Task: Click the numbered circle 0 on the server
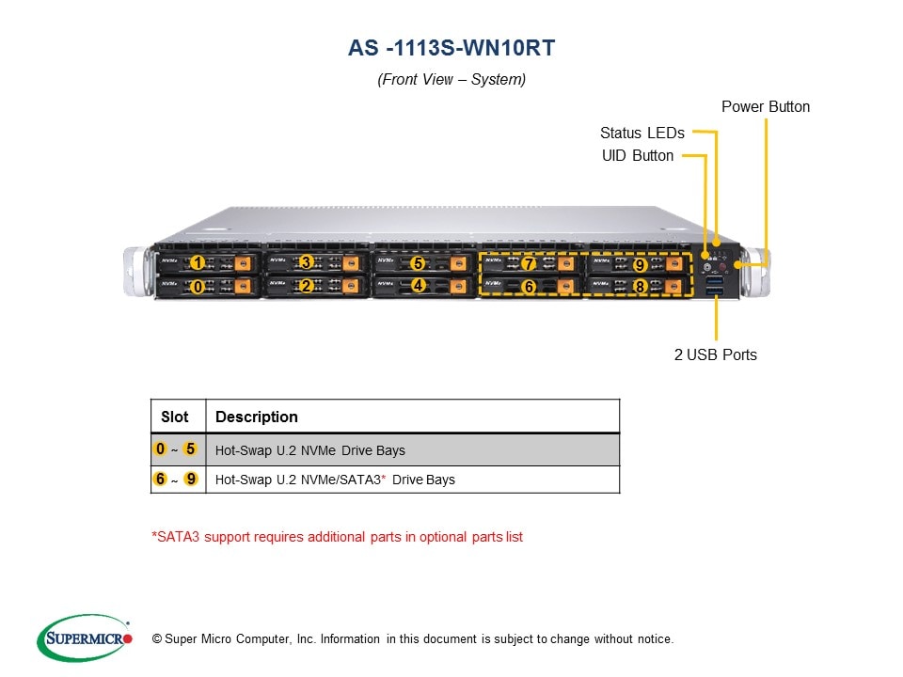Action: [x=197, y=286]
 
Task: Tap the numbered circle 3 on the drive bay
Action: [x=305, y=262]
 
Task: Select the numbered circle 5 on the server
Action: [x=418, y=263]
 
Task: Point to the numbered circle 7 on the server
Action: [x=529, y=263]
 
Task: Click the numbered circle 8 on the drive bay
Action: [x=639, y=286]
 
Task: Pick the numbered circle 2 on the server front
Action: [x=305, y=286]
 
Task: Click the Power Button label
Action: [x=765, y=106]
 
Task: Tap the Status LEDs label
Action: [x=642, y=133]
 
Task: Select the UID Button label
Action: [x=637, y=155]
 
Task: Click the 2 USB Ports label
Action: [x=715, y=354]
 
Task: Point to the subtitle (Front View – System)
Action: [x=451, y=79]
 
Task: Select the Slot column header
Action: [x=175, y=417]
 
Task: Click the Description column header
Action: [x=257, y=417]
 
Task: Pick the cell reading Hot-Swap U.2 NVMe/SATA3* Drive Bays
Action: [x=335, y=480]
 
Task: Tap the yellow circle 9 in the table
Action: [x=191, y=480]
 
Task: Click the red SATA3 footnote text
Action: [x=337, y=537]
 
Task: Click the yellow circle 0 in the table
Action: [x=162, y=449]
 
